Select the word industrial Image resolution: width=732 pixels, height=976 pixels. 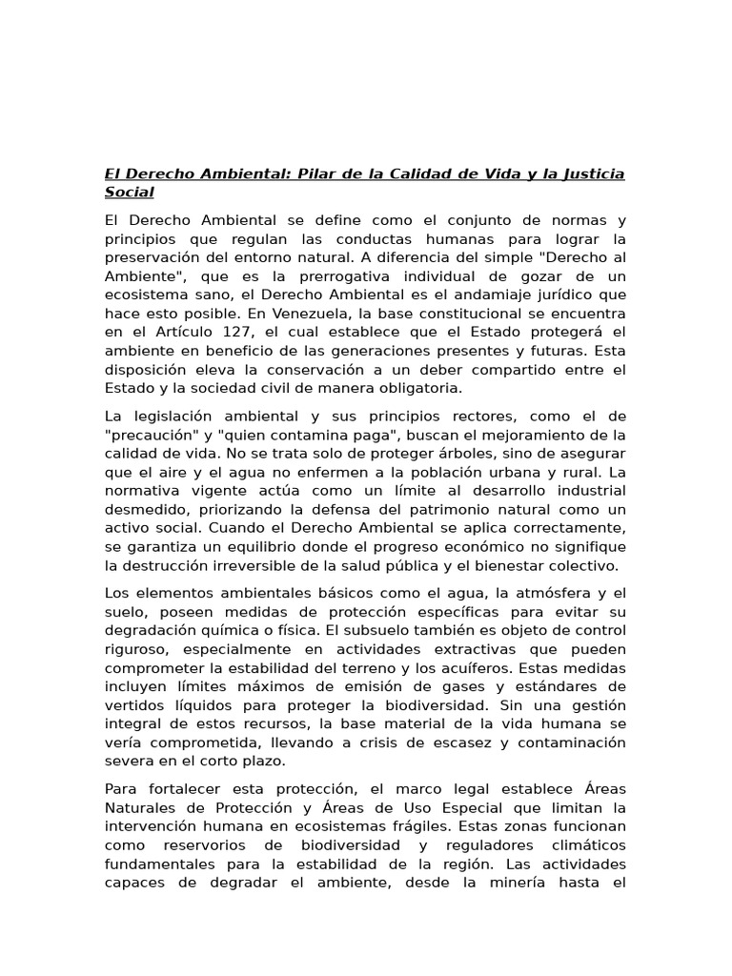pos(582,491)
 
